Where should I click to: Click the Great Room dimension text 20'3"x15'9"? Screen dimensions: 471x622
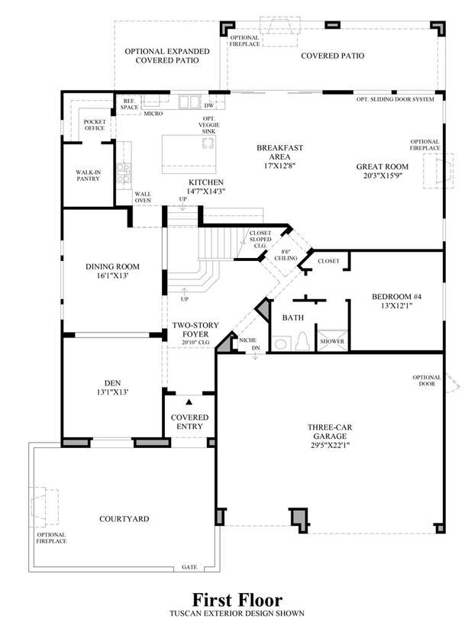[382, 176]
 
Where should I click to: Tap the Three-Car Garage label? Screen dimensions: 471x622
[330, 432]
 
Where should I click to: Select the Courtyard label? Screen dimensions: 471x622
[124, 519]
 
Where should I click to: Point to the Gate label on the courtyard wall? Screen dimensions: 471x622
[189, 567]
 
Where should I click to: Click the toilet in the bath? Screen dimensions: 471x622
[303, 342]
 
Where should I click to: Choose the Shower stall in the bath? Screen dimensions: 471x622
[332, 341]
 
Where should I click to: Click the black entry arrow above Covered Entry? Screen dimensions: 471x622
[189, 402]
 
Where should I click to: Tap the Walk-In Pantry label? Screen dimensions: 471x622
[89, 176]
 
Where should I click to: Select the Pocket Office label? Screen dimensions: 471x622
[95, 125]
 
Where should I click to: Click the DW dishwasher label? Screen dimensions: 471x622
[208, 105]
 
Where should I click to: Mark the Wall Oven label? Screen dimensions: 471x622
[143, 197]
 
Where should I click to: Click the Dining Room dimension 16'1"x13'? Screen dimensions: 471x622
[113, 276]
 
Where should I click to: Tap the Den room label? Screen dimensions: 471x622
[113, 383]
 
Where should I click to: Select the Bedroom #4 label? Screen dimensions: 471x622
[397, 296]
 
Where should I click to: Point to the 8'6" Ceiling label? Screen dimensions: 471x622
[286, 255]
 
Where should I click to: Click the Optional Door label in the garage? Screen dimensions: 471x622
[427, 381]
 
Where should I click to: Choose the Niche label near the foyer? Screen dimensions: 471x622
[247, 340]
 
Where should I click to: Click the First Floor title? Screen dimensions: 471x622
[237, 599]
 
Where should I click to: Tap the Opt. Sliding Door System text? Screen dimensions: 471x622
[395, 99]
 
